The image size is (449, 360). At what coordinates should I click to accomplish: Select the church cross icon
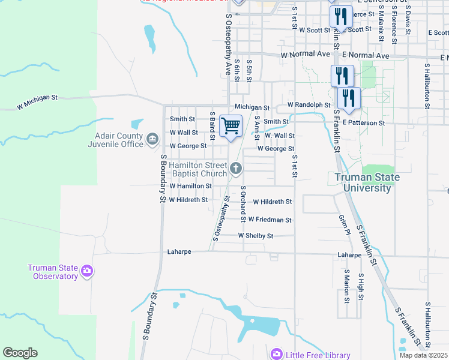pos(236,169)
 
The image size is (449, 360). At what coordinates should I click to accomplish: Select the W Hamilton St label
pos(191,187)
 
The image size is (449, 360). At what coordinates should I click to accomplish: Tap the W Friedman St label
pos(270,220)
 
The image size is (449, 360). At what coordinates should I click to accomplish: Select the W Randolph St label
pos(309,104)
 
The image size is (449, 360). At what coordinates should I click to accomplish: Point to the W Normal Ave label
pos(306,55)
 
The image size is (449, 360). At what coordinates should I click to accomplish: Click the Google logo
pos(20,353)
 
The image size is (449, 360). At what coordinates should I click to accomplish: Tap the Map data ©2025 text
pos(423,355)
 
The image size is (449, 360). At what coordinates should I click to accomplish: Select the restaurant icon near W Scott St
pos(340,17)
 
